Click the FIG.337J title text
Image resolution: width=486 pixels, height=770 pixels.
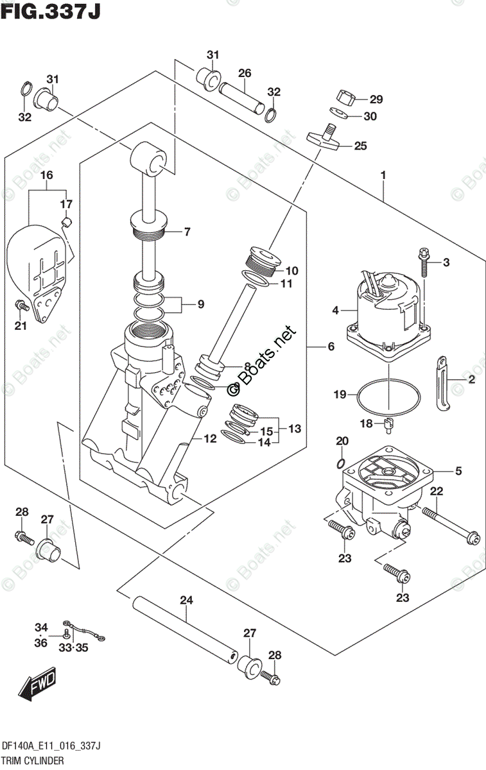(x=51, y=11)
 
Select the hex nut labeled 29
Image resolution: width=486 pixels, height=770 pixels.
(x=345, y=98)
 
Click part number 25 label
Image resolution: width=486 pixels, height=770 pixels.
(x=360, y=146)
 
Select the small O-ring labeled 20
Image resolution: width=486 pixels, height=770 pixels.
(x=341, y=463)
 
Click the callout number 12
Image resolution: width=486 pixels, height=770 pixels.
(x=210, y=439)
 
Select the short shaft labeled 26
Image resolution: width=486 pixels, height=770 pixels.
(x=241, y=98)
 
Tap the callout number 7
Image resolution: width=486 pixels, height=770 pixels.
(x=187, y=232)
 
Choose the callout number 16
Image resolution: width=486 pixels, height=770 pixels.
(x=46, y=175)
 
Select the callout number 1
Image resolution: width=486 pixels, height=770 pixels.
(x=383, y=175)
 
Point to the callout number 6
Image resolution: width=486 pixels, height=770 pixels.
(x=331, y=346)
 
